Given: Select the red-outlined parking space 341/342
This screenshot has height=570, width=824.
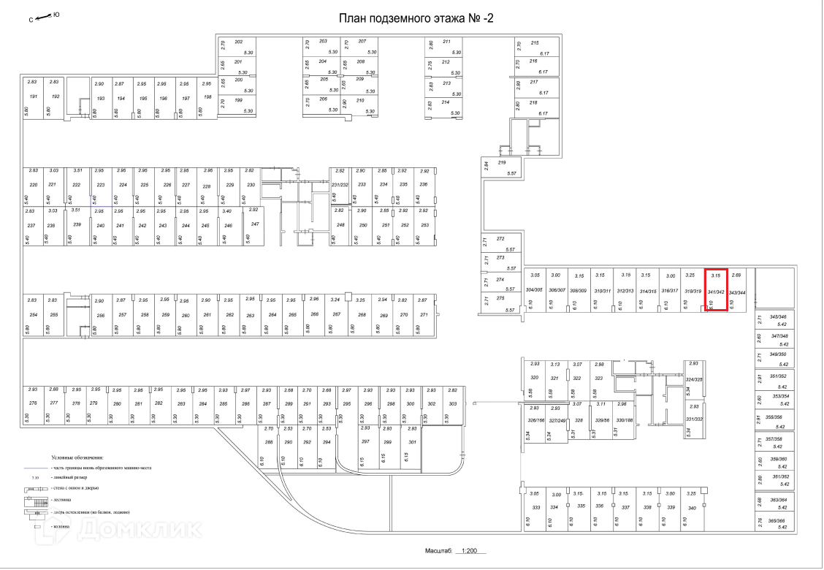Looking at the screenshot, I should point(715,291).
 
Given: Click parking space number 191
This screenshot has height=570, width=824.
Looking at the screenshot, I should point(33,97).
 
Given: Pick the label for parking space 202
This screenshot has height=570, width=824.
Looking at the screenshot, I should point(238,42).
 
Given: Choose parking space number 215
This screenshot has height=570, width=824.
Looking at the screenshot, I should point(534,43).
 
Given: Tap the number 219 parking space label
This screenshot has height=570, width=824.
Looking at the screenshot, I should point(501,162).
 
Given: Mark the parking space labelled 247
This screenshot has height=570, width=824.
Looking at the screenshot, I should point(255,224).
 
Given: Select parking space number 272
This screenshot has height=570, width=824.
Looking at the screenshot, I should point(500,239).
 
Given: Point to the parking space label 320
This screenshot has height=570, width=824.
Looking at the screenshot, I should point(534,378).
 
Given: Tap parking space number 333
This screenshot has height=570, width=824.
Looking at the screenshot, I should point(535,506).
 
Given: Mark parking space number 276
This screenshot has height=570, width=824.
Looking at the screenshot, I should point(33,403).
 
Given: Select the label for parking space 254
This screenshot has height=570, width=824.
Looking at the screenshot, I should point(33,314).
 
